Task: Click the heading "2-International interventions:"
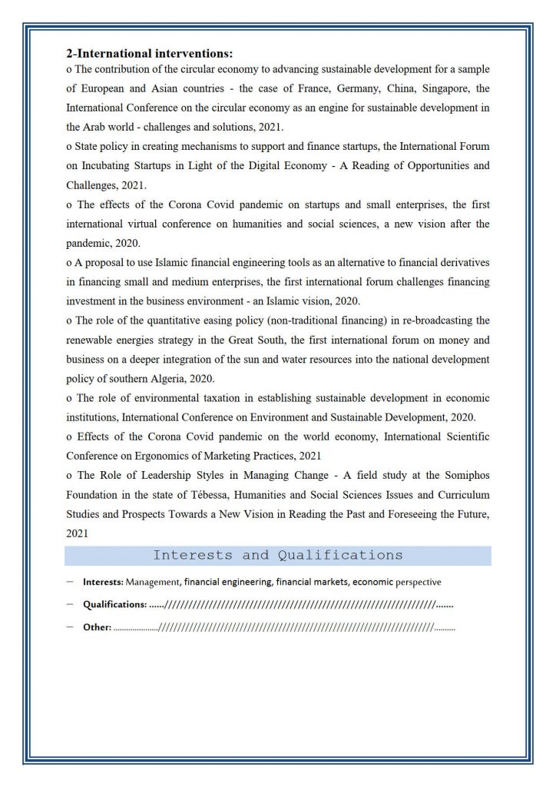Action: (149, 54)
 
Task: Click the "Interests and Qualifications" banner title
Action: (277, 555)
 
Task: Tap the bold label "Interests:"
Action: (104, 583)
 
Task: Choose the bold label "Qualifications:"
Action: (114, 605)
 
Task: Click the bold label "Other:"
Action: (98, 627)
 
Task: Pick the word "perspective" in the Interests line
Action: (418, 583)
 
